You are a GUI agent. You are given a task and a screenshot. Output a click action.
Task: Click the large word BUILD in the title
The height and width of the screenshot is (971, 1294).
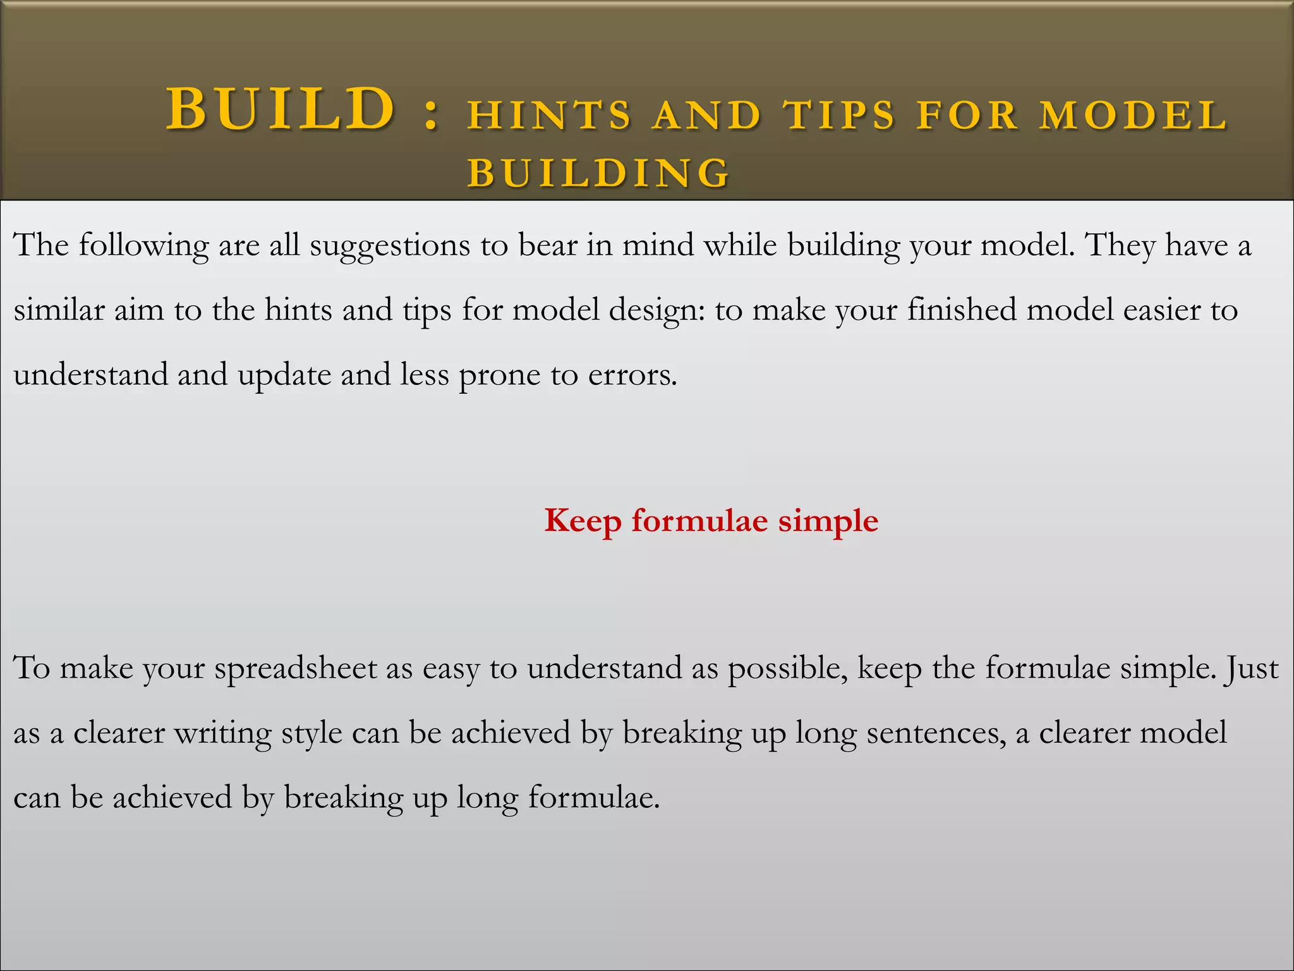(281, 109)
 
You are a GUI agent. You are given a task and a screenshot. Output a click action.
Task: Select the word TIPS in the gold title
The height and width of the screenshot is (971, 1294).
(840, 116)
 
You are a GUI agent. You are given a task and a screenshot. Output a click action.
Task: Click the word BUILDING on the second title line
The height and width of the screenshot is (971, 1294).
(598, 173)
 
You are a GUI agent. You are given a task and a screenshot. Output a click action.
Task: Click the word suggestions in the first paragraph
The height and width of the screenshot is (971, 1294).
(390, 246)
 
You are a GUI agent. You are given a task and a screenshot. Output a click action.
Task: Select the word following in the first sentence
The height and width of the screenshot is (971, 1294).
(143, 246)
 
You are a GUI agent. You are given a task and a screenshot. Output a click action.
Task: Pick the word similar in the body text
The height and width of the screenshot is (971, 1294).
(59, 310)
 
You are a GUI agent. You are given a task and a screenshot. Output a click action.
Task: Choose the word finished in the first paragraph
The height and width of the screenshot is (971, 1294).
(962, 310)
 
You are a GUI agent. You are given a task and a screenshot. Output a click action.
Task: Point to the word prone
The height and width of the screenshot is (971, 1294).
(499, 376)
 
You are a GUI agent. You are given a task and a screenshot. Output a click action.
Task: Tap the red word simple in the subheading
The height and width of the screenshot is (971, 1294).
(828, 522)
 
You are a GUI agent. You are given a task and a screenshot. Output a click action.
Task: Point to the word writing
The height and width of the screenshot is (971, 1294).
(223, 734)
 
